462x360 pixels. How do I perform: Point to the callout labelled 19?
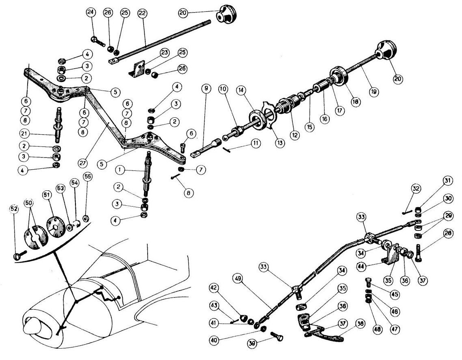374,92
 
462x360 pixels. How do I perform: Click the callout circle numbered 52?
15,209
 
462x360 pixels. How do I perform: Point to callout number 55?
87,177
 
